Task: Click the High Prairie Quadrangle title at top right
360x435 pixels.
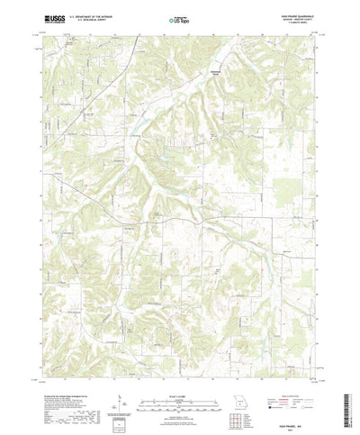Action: click(290, 14)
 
